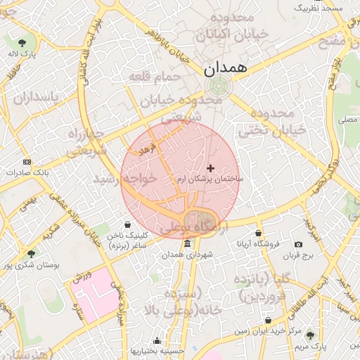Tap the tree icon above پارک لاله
[x=27, y=41]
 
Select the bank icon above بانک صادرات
[x=27, y=161]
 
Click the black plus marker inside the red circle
[x=210, y=168]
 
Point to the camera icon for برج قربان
[x=308, y=244]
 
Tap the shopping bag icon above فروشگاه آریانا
[x=259, y=233]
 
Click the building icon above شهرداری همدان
[x=187, y=243]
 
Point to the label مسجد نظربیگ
[x=317, y=8]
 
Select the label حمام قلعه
[x=154, y=76]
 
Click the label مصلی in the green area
[x=347, y=120]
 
